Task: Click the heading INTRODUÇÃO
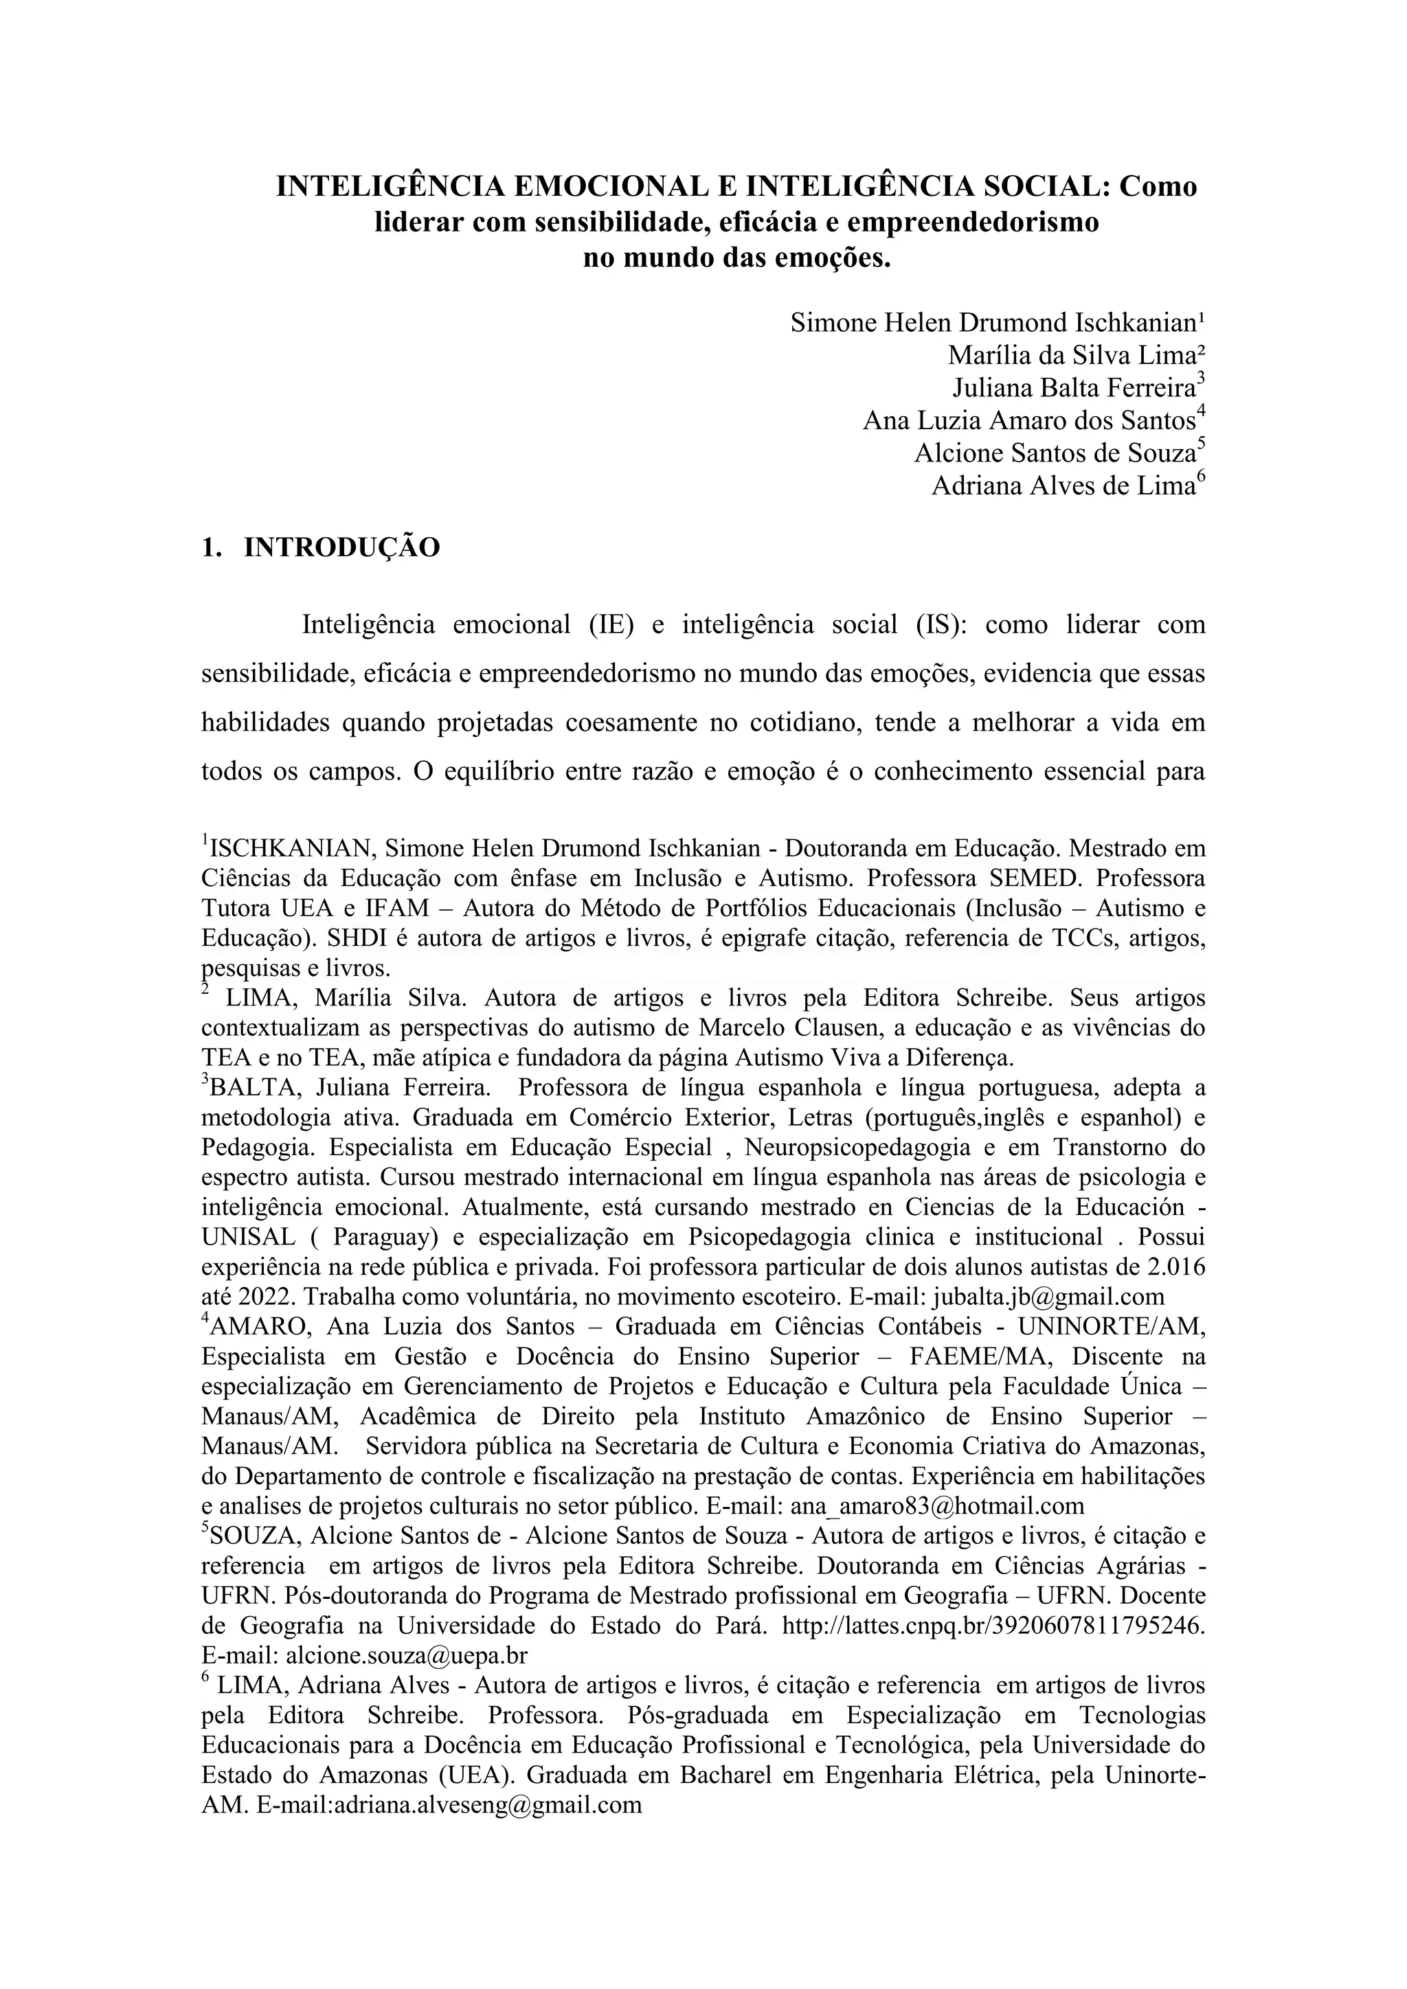342,548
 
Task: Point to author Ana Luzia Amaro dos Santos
1029,421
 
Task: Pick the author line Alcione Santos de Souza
1055,453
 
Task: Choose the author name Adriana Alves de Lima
1063,486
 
